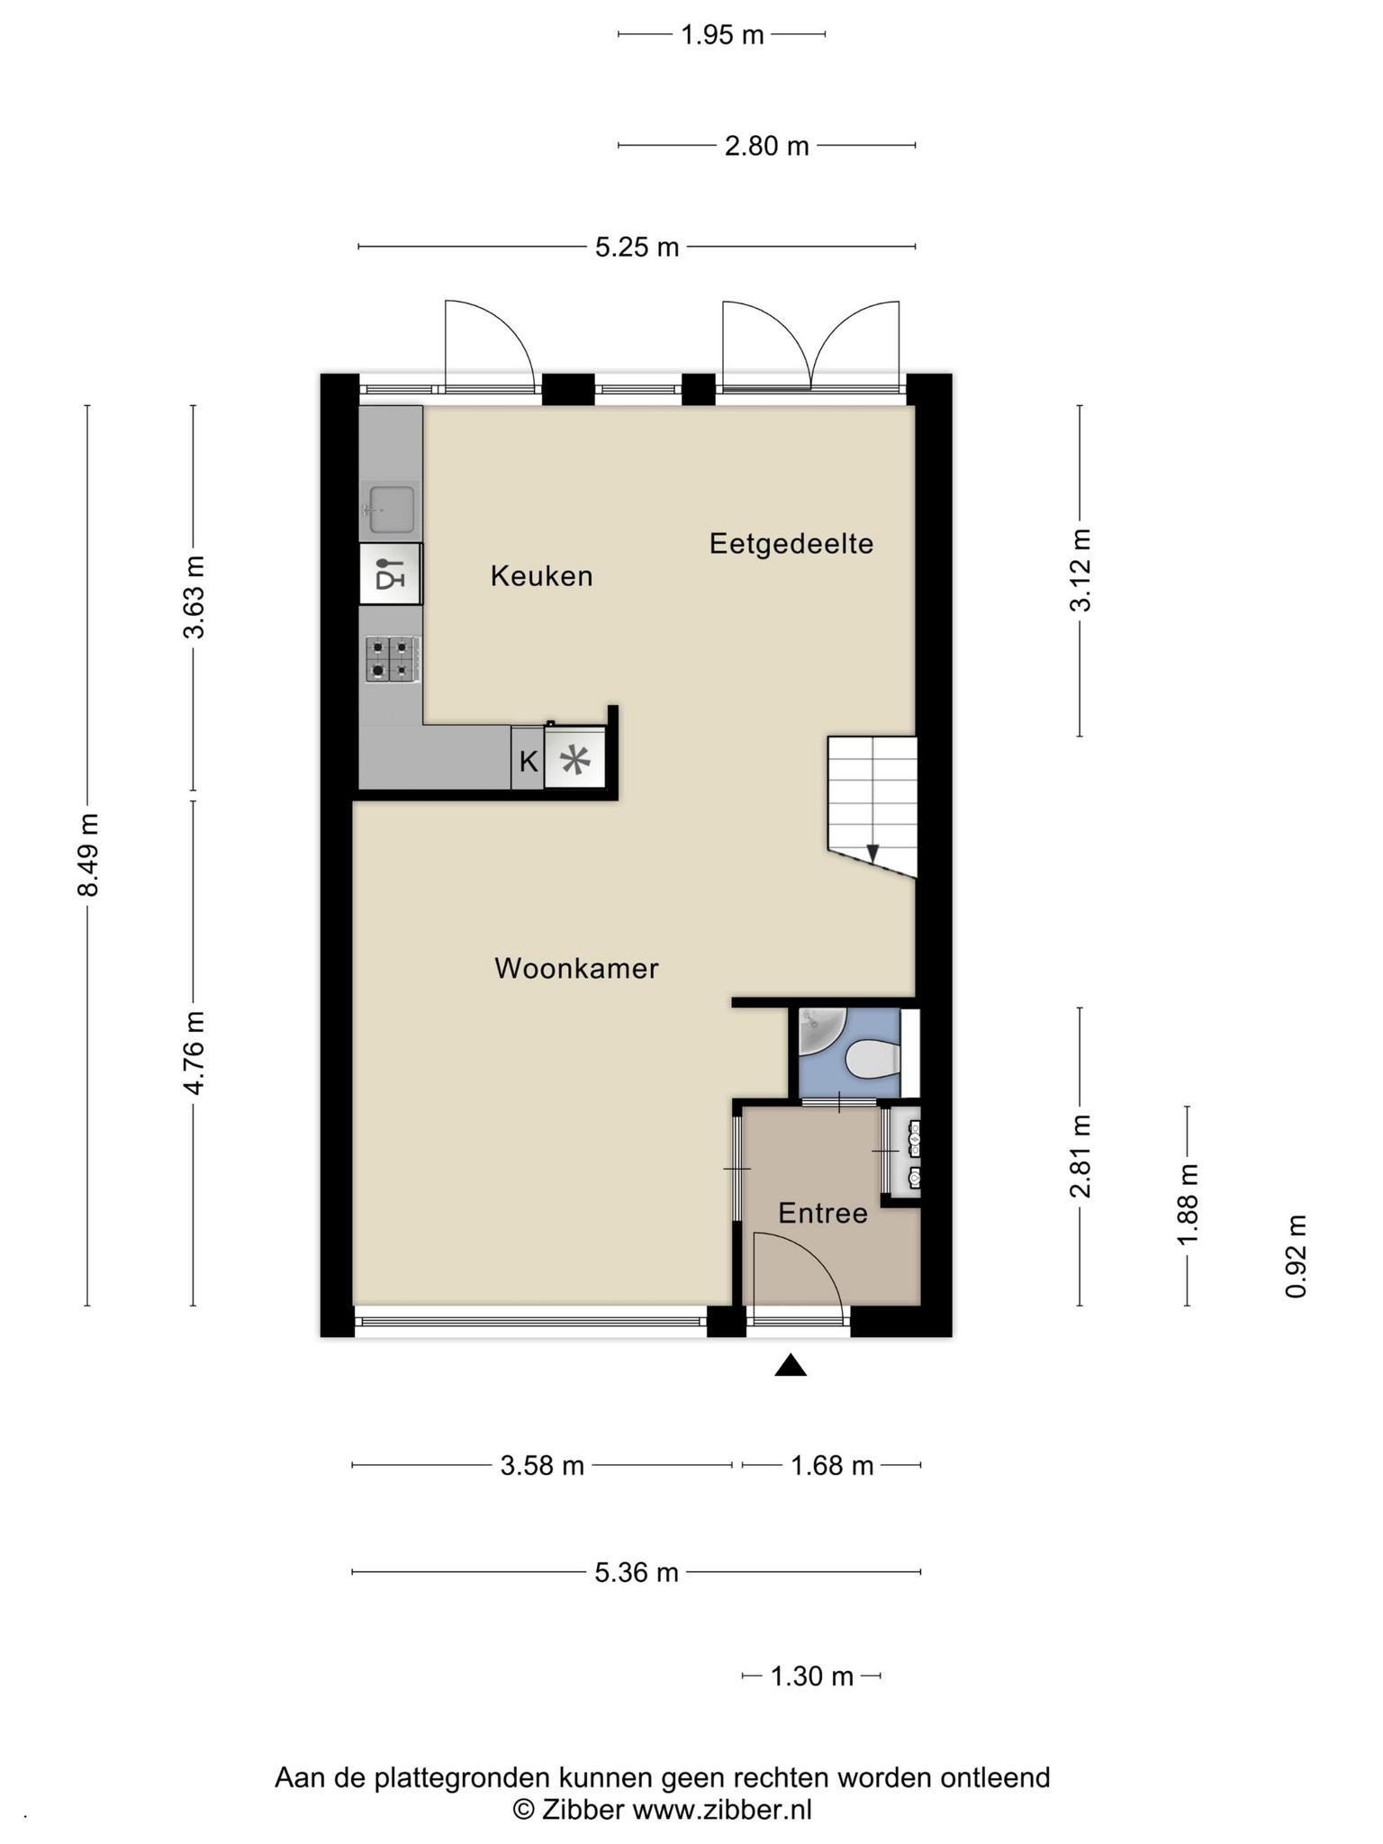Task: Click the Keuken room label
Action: pos(541,576)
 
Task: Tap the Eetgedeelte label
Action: pos(791,544)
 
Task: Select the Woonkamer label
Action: pos(576,969)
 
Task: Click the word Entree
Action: pos(823,1214)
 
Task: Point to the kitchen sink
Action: pos(388,509)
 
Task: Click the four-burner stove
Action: pos(392,659)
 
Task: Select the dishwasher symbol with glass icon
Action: pos(390,574)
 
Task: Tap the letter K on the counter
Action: pos(528,762)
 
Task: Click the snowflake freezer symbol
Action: pos(574,761)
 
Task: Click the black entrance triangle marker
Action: pos(791,1366)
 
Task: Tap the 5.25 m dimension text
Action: pos(637,247)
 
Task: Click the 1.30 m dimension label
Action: pos(811,1677)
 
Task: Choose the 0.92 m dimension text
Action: pos(1296,1256)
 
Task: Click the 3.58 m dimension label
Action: pos(542,1466)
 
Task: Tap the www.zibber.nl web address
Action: pos(722,1810)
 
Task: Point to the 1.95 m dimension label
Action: pos(722,35)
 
